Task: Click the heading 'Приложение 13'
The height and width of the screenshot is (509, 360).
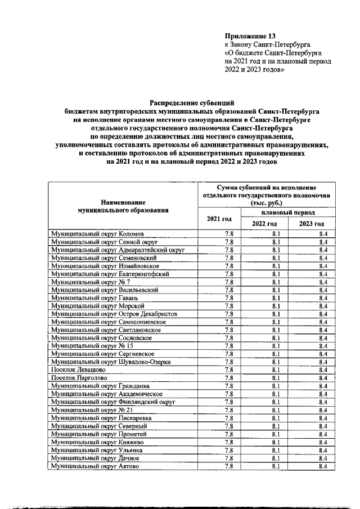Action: pos(250,35)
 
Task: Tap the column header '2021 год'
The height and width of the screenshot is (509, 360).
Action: pos(219,218)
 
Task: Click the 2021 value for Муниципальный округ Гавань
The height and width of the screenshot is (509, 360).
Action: pos(229,298)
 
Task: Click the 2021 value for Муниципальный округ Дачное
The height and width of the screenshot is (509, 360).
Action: pos(229,458)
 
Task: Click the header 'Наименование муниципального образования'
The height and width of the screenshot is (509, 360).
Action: pos(123,205)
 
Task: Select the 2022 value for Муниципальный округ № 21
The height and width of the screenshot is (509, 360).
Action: pos(276,410)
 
